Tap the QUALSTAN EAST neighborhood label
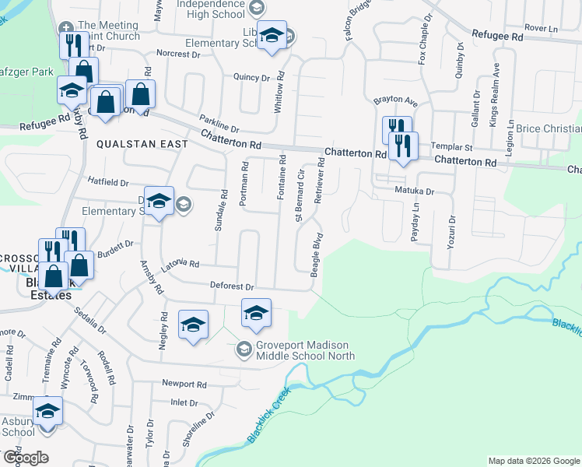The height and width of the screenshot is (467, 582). click(x=142, y=144)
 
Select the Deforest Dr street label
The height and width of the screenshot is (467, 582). click(x=232, y=286)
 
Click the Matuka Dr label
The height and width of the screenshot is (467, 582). click(x=413, y=190)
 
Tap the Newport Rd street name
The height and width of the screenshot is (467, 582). click(x=184, y=384)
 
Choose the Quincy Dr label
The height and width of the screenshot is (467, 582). click(x=251, y=77)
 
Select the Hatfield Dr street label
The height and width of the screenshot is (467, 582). click(x=107, y=182)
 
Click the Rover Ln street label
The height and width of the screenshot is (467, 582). click(x=542, y=27)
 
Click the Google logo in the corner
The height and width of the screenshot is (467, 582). click(x=26, y=458)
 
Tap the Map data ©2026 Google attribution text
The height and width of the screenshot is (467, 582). click(x=533, y=461)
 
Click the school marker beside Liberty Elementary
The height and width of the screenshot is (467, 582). click(x=272, y=37)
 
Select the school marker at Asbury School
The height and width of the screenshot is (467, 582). click(x=48, y=411)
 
